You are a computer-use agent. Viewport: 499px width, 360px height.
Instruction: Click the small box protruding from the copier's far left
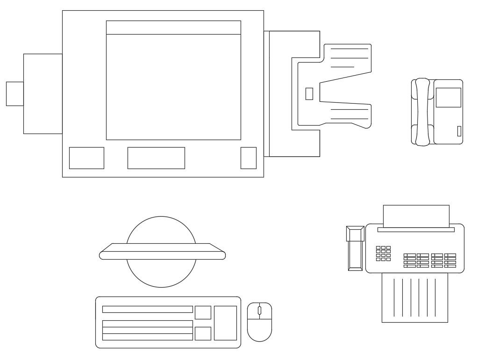tap(14, 94)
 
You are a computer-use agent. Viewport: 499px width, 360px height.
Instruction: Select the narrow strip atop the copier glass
tap(173, 28)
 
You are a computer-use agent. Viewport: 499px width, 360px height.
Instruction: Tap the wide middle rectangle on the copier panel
tap(156, 158)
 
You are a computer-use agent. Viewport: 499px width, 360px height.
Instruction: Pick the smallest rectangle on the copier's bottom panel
tap(248, 158)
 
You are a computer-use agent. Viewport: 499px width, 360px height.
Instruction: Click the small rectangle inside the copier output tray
tap(309, 94)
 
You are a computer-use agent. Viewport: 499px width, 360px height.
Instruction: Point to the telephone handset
tap(422, 112)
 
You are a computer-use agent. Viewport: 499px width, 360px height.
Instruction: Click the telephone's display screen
tap(448, 98)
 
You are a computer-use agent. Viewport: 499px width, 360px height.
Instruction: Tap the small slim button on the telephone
tap(459, 131)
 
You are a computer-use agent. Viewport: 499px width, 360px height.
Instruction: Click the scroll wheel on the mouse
tap(259, 311)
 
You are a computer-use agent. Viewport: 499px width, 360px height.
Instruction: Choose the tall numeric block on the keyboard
tap(225, 323)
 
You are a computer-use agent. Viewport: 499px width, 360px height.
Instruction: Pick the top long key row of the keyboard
tap(147, 309)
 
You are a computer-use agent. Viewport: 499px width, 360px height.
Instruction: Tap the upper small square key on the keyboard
tap(203, 312)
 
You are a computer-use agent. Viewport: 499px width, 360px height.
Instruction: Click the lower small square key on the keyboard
tap(203, 333)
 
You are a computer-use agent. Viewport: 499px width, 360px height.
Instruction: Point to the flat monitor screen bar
tap(162, 255)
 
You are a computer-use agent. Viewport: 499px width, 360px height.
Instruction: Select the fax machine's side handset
tap(355, 248)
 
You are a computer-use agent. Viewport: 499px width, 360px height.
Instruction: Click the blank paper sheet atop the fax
tap(416, 215)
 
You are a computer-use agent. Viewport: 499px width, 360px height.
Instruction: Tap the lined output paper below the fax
tap(414, 299)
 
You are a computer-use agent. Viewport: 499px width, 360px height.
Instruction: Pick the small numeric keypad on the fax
tap(383, 254)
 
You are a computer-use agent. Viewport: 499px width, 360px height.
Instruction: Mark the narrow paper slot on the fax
tap(416, 230)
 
